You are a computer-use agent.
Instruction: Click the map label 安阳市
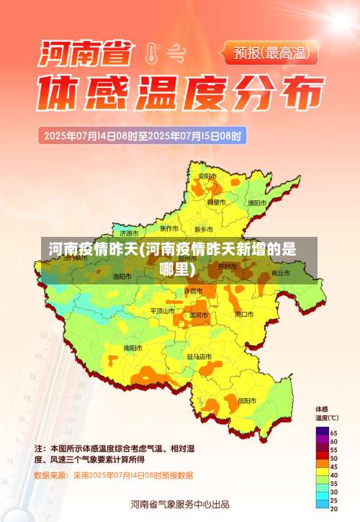[x=207, y=176]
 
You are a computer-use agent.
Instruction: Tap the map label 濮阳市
[x=256, y=203]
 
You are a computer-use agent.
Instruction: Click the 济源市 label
[x=129, y=233]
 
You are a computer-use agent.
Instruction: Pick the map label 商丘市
[x=279, y=274]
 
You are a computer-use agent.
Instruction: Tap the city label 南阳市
[x=133, y=347]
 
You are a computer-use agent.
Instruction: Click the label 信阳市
[x=246, y=400]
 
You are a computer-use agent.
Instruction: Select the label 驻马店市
[x=199, y=356]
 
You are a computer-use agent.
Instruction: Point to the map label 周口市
[x=244, y=314]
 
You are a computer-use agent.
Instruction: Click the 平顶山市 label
[x=163, y=310]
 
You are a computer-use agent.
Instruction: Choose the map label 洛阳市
[x=122, y=276]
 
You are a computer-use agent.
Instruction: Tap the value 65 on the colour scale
[x=333, y=432]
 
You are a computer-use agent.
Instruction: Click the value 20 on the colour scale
[x=333, y=508]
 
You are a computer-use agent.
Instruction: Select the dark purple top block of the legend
[x=322, y=432]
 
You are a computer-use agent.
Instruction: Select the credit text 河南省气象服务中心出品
[x=180, y=504]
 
